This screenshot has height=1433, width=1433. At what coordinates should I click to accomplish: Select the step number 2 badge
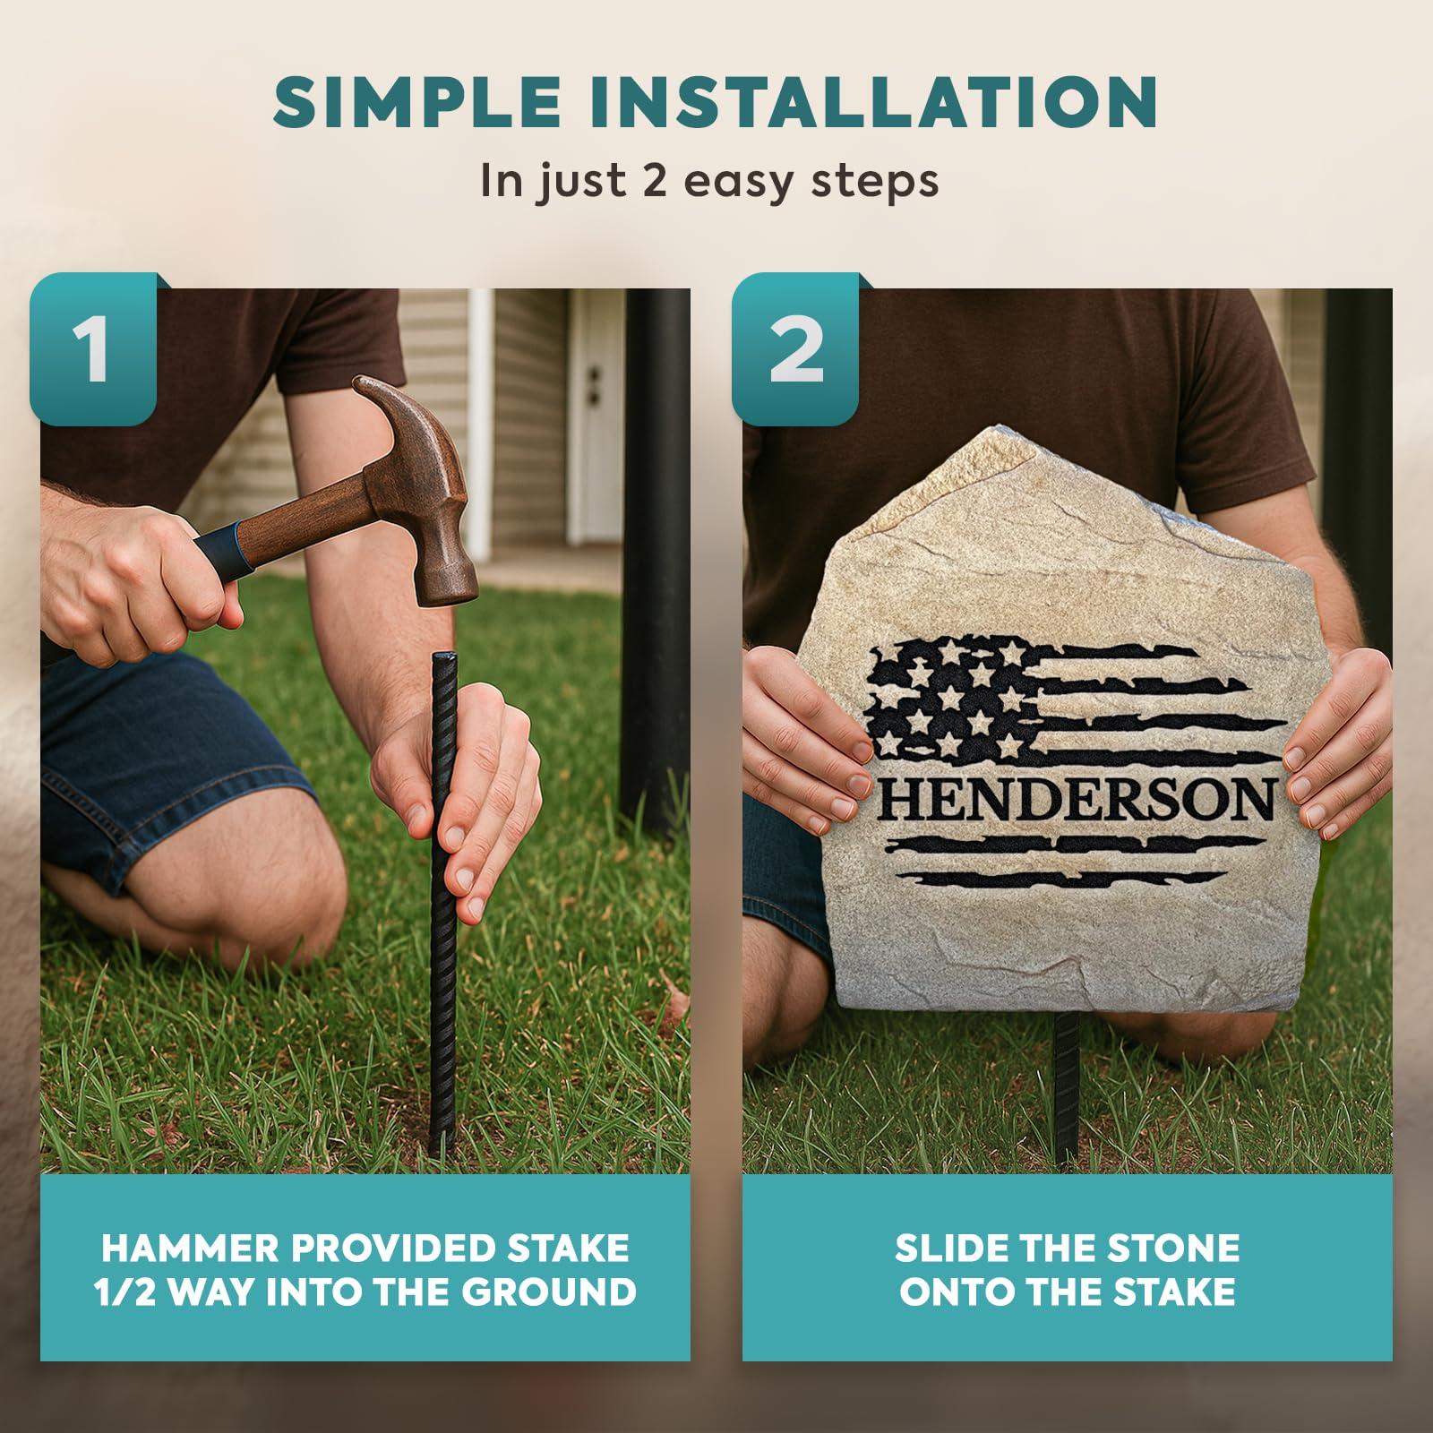795,348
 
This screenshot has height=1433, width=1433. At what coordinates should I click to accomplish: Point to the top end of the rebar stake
444,658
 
